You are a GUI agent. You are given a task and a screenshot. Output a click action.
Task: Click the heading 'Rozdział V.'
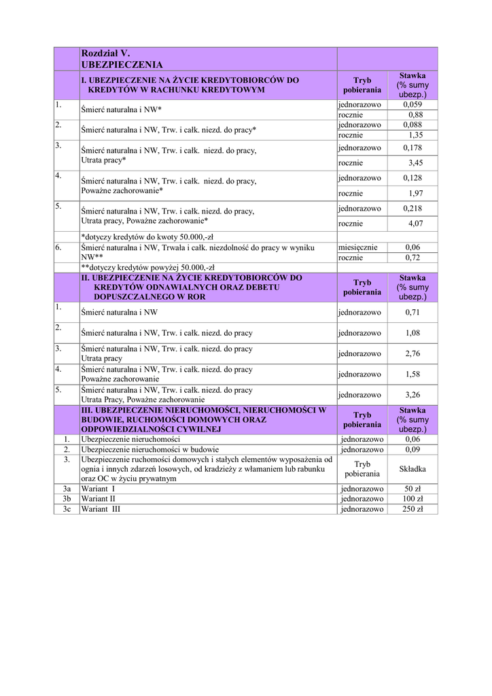[105, 53]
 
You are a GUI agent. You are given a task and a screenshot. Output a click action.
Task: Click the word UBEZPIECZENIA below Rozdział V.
[122, 65]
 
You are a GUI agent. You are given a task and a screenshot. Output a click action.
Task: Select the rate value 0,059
[412, 105]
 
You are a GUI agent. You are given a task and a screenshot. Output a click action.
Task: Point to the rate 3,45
[415, 163]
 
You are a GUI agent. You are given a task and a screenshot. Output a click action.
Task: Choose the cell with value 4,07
[415, 224]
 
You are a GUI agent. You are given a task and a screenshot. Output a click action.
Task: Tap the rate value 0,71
[413, 313]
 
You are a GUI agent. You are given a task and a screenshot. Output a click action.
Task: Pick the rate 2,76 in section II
[413, 353]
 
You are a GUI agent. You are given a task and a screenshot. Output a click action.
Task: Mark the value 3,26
[413, 394]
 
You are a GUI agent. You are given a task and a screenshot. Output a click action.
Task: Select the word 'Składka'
[412, 469]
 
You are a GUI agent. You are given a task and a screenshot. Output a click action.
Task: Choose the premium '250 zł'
[412, 509]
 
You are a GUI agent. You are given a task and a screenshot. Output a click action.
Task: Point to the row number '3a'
[67, 489]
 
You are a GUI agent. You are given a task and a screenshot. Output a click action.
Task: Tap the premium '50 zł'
[412, 489]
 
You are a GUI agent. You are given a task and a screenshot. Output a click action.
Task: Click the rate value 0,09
[412, 449]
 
